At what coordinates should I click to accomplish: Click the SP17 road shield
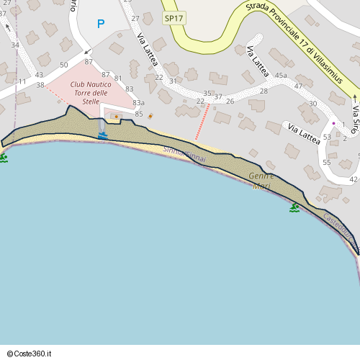click(x=174, y=18)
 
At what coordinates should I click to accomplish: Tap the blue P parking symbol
click(x=101, y=24)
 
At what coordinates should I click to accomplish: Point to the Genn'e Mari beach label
click(x=261, y=181)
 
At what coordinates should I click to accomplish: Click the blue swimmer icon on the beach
click(x=103, y=135)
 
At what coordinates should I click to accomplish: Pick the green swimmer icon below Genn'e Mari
click(x=294, y=207)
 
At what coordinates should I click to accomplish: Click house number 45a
click(x=280, y=76)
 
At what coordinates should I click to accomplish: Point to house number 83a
click(x=138, y=103)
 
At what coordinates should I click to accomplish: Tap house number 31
click(x=173, y=81)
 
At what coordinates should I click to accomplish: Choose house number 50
click(x=64, y=65)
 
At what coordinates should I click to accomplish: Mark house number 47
click(x=298, y=86)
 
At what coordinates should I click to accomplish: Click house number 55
click(x=327, y=163)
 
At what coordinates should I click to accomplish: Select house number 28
click(x=264, y=91)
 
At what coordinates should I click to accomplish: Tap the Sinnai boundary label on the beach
click(x=184, y=153)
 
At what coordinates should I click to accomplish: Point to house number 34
click(x=15, y=45)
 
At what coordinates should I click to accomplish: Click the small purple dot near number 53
click(x=333, y=123)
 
